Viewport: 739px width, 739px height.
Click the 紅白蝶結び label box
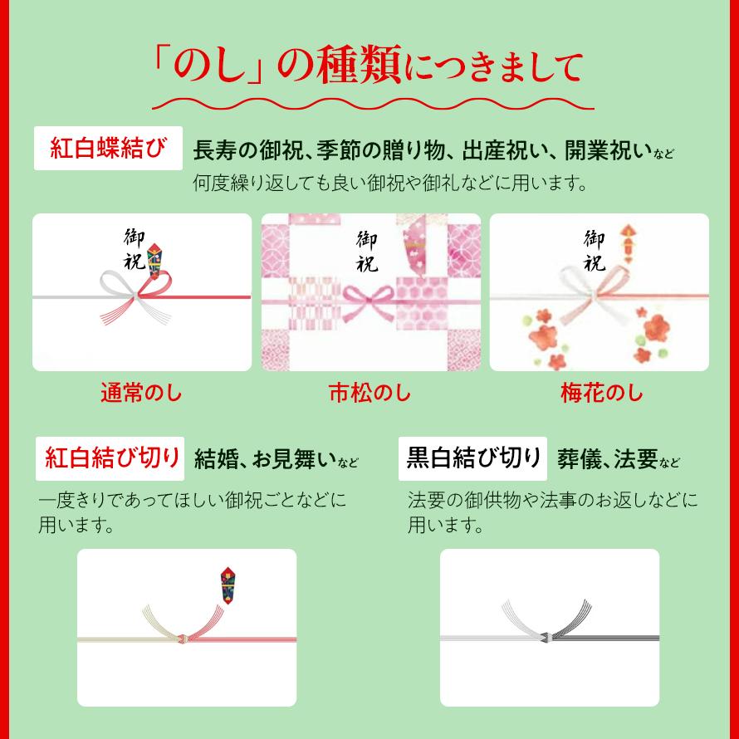tap(108, 149)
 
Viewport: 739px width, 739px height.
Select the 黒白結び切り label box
tap(472, 458)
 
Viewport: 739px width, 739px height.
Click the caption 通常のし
tap(141, 393)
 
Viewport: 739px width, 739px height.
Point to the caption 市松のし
tap(370, 393)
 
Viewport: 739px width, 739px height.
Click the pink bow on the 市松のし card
tap(370, 299)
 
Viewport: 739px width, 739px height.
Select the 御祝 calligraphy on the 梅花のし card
tap(594, 252)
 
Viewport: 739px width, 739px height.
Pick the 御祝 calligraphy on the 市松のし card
tap(367, 252)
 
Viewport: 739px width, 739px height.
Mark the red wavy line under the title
tap(373, 104)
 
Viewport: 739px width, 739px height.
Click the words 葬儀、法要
tap(609, 458)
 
